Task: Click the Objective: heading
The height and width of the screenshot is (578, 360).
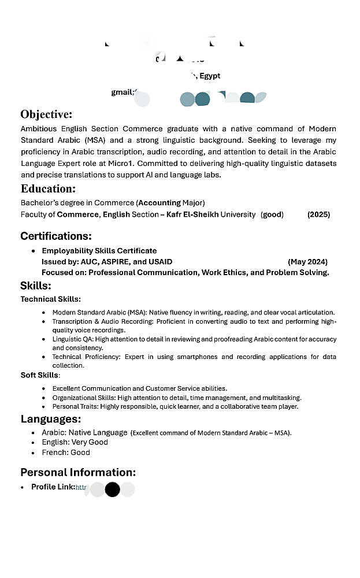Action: click(46, 114)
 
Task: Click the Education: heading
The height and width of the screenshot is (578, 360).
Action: click(48, 188)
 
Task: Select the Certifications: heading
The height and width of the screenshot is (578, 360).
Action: click(56, 236)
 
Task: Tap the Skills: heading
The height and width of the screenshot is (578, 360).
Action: click(36, 286)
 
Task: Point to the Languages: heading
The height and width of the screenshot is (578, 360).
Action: click(51, 419)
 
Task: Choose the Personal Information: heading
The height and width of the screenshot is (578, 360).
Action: click(78, 472)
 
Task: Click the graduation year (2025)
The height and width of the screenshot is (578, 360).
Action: click(318, 214)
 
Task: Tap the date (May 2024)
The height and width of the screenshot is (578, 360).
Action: click(307, 262)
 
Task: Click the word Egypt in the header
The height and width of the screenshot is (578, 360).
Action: click(210, 76)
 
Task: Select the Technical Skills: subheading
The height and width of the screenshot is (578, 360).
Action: click(51, 299)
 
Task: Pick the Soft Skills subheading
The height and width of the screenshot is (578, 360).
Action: click(40, 375)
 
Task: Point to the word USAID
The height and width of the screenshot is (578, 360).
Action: click(161, 262)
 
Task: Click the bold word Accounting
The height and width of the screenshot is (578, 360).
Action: click(159, 203)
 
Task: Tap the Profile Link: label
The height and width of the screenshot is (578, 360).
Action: click(53, 487)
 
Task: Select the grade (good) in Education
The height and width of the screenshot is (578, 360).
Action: click(272, 214)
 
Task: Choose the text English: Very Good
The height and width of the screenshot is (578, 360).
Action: click(75, 442)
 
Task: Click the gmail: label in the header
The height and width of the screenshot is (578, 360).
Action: click(123, 92)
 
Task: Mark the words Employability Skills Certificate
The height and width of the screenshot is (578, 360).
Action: click(99, 251)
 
